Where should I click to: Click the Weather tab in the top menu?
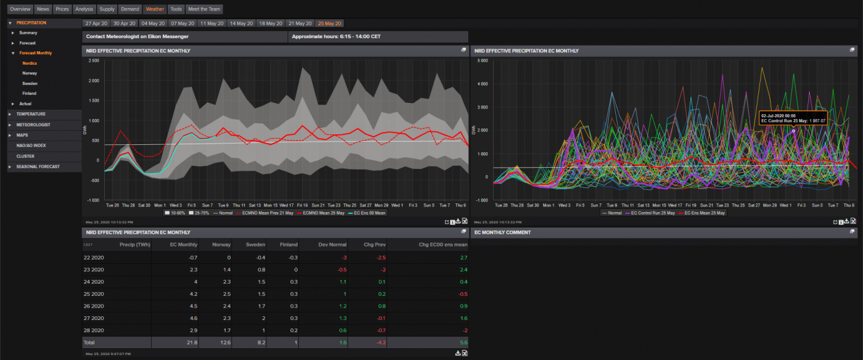point(155,9)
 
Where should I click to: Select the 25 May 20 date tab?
point(329,23)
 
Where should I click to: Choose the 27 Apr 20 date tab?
point(96,23)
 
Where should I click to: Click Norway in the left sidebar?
point(30,73)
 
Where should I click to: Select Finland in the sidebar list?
point(30,93)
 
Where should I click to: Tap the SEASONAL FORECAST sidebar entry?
point(38,166)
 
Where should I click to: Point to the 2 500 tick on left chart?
point(94,60)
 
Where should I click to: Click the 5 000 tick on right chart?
point(483,60)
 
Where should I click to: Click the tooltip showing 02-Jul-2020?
point(792,118)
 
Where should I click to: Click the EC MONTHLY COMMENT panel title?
point(497,232)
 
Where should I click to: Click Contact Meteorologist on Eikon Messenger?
point(137,36)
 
